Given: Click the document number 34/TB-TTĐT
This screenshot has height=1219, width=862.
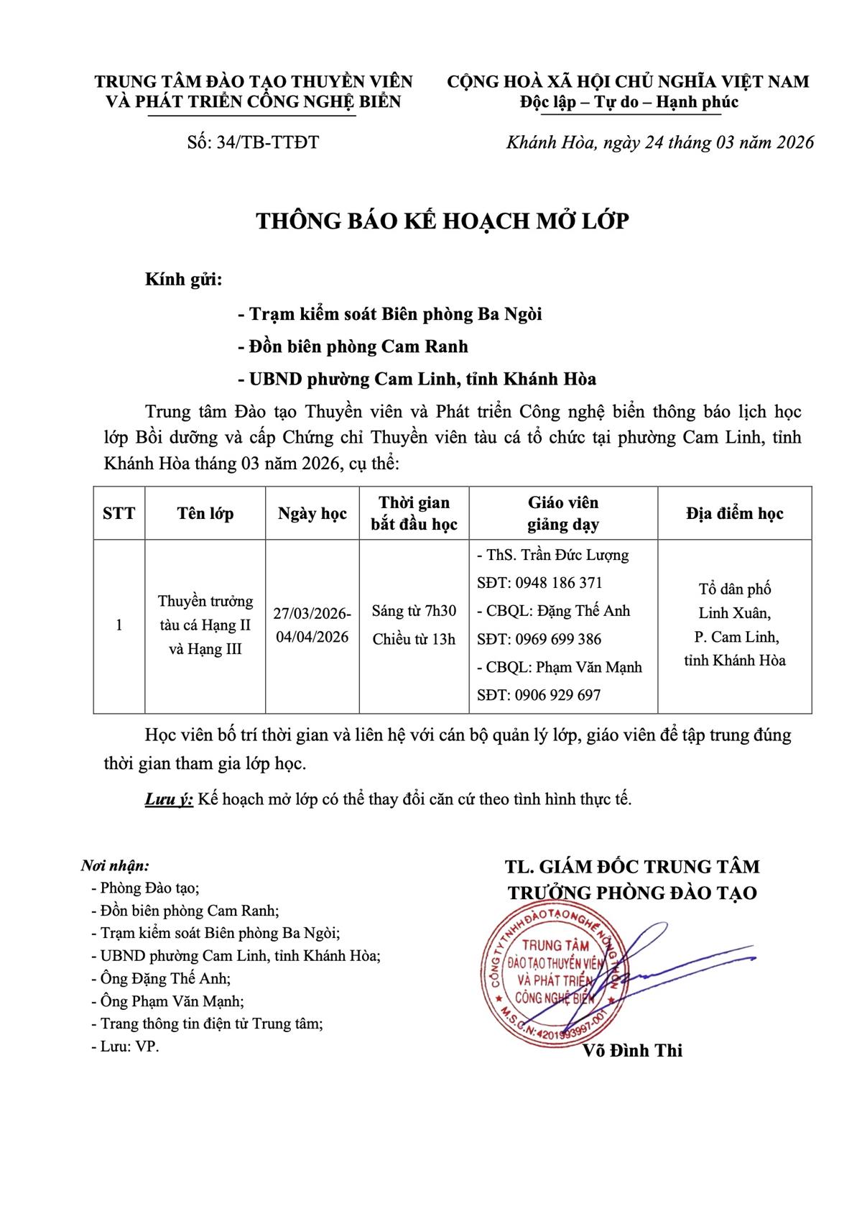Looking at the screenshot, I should click(x=252, y=142).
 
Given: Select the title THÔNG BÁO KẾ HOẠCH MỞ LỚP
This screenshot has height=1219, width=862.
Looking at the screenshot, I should click(x=442, y=221).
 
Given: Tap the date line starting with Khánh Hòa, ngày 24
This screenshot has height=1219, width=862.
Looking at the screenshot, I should click(x=660, y=142).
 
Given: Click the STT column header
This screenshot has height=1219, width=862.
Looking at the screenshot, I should click(x=119, y=513).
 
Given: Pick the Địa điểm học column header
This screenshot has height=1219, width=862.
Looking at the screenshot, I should click(x=734, y=513).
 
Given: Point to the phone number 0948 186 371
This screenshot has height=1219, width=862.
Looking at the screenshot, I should click(x=557, y=583).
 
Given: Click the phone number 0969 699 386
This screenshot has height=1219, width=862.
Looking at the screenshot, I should click(x=557, y=639).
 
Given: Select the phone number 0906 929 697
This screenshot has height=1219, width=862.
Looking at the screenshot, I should click(x=557, y=695).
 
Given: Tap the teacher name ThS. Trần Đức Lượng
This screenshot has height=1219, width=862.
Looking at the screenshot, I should click(x=553, y=555).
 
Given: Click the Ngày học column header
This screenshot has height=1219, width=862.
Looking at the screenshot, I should click(x=312, y=513).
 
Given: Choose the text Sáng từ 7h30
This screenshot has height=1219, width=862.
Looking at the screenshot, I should click(x=414, y=611).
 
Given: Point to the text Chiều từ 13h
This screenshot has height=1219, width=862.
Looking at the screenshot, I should click(x=414, y=639).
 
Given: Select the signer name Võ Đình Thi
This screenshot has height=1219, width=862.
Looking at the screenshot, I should click(x=633, y=1051).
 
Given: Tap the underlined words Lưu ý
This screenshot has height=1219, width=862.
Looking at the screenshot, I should click(x=169, y=799).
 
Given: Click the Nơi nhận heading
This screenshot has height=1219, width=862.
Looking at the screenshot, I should click(x=115, y=865).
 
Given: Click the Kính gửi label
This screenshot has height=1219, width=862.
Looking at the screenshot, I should click(x=184, y=280).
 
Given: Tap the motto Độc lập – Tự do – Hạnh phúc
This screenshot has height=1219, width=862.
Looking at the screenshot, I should click(x=629, y=102).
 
